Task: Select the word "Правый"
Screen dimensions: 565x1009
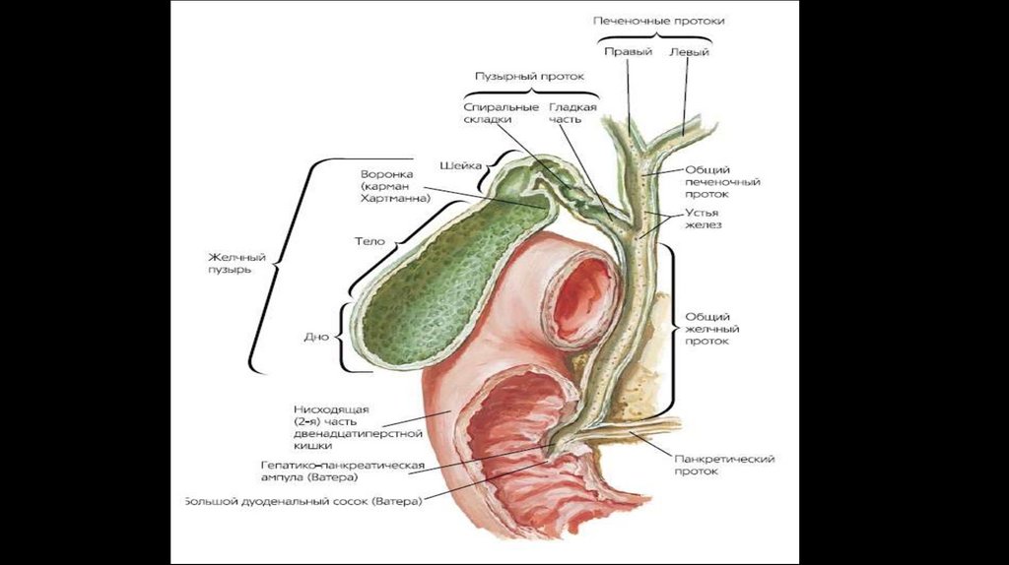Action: pyautogui.click(x=628, y=52)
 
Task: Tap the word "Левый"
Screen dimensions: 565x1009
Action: pyautogui.click(x=689, y=52)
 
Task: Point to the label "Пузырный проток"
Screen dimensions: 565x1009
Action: pyautogui.click(x=530, y=76)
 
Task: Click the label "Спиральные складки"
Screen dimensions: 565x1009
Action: pyautogui.click(x=501, y=112)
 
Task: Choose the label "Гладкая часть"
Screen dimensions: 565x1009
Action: pyautogui.click(x=572, y=112)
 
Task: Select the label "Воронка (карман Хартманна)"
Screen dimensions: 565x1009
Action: pyautogui.click(x=396, y=186)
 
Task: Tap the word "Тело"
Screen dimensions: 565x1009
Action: pyautogui.click(x=369, y=240)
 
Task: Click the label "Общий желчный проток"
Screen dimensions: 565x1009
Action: pyautogui.click(x=712, y=329)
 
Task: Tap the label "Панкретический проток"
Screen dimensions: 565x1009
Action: pyautogui.click(x=724, y=465)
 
